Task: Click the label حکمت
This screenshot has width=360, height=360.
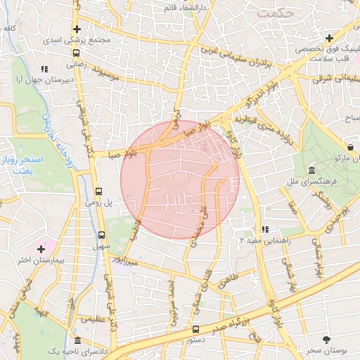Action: [274, 13]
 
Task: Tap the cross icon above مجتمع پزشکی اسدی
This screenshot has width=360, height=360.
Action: [77, 30]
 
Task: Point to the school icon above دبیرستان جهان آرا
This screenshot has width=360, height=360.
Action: [44, 70]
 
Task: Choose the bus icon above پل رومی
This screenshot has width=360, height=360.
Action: [99, 191]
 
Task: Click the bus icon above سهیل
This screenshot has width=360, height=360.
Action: [102, 236]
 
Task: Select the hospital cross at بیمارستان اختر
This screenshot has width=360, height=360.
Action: [41, 249]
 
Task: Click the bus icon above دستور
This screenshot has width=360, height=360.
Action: [195, 328]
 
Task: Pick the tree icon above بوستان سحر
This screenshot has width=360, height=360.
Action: [326, 339]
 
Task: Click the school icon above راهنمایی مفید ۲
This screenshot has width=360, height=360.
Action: [264, 229]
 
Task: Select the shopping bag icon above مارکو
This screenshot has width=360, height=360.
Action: [349, 147]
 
